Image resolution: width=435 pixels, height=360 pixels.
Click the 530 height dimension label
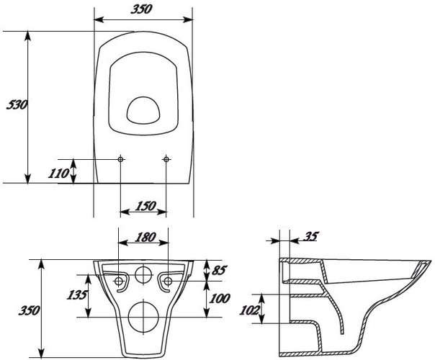[17, 105]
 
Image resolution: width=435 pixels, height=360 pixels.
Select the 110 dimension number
[58, 174]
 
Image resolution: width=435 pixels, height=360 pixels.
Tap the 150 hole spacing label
[145, 206]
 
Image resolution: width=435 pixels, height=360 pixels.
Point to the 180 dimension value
[145, 238]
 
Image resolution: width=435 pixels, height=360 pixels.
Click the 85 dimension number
[219, 270]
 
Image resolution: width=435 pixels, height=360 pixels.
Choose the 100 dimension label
[220, 298]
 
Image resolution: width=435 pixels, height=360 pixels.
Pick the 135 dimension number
[77, 294]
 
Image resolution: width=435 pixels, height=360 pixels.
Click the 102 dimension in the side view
[249, 310]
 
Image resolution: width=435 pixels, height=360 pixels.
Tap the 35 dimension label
[311, 236]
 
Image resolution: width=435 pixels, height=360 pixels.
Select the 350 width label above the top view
[141, 9]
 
